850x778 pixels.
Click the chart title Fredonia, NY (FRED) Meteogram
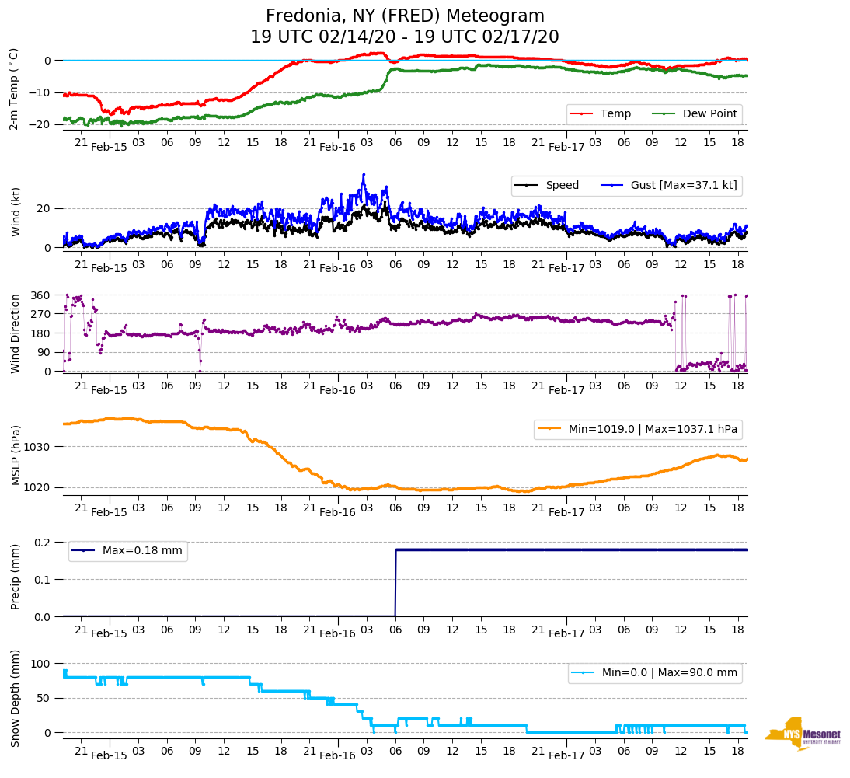[405, 16]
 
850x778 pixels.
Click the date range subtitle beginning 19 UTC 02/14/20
[405, 37]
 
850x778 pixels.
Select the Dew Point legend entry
[710, 113]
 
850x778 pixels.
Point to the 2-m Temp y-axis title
[14, 89]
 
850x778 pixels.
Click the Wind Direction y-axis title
[14, 333]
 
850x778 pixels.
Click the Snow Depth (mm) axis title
[14, 698]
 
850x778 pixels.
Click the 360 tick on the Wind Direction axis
[41, 295]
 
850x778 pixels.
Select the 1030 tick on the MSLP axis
[38, 447]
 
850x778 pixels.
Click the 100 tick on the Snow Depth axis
[41, 664]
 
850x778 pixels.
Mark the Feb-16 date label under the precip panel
[337, 633]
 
